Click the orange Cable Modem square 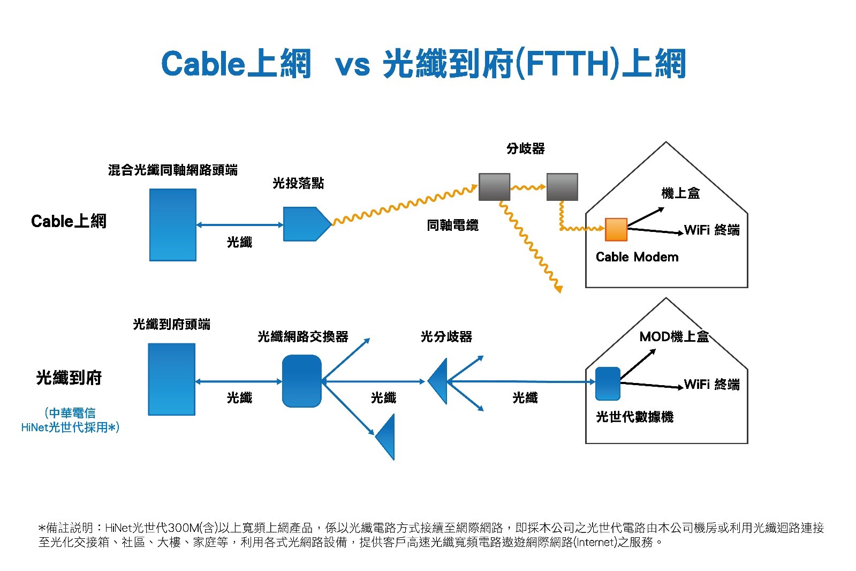tap(616, 229)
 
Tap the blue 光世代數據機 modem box tap(607, 384)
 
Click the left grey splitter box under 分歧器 tap(494, 186)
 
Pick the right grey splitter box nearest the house tap(562, 186)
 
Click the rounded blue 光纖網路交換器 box tap(301, 381)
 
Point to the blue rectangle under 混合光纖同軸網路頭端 tap(172, 224)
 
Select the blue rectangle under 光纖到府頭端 tap(171, 379)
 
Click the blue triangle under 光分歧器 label tap(439, 381)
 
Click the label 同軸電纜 tap(452, 225)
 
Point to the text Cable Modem tap(637, 257)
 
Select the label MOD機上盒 tap(673, 336)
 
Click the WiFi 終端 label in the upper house tap(711, 230)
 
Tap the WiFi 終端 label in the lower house tap(711, 384)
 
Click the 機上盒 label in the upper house tap(680, 193)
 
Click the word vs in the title tap(352, 65)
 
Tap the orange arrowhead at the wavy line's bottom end tap(558, 289)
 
